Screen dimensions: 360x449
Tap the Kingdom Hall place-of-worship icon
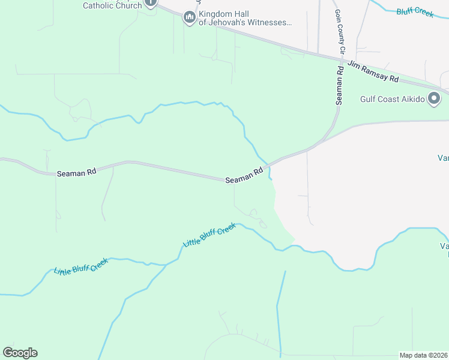tap(190, 18)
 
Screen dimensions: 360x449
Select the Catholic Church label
tap(112, 5)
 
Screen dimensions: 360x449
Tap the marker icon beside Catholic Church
tap(151, 2)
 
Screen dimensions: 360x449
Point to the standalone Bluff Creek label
tap(415, 11)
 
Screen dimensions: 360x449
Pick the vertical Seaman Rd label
tap(340, 85)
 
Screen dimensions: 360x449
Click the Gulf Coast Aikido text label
tap(392, 99)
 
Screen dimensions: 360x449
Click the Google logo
tap(20, 352)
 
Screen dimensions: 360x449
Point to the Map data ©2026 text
tap(423, 355)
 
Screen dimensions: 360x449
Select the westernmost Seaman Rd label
tap(77, 173)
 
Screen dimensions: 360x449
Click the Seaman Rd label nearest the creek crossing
tap(245, 176)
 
